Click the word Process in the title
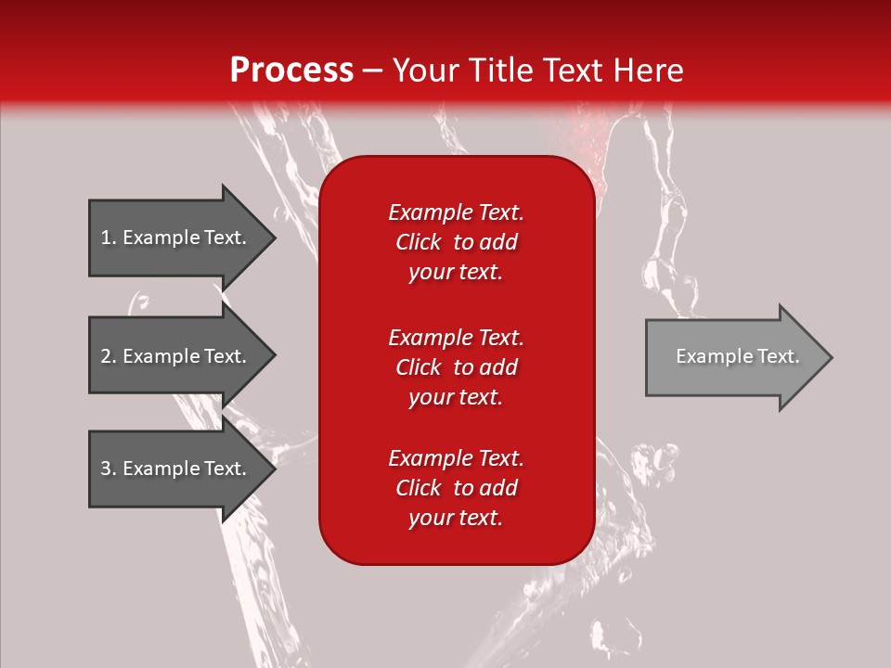coord(292,71)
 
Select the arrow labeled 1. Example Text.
coord(182,238)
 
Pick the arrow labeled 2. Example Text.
coord(182,355)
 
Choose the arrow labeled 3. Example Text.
coord(182,468)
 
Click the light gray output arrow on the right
coord(739,357)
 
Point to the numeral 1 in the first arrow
coord(106,238)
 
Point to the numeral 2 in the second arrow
coord(106,356)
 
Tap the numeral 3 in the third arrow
coord(106,469)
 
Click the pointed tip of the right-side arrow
coord(833,357)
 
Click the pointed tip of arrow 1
coord(276,238)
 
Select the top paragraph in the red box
coord(457,242)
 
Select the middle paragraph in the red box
coord(457,367)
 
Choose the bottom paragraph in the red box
coord(457,488)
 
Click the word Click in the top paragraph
coord(419,242)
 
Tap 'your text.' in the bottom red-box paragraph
coord(456,518)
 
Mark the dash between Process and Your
coord(373,72)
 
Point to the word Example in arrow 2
coord(161,356)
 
